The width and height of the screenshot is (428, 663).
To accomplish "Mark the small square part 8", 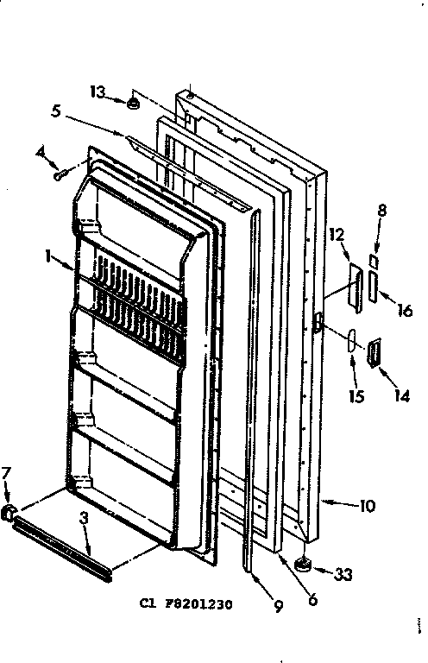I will pos(373,259).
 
